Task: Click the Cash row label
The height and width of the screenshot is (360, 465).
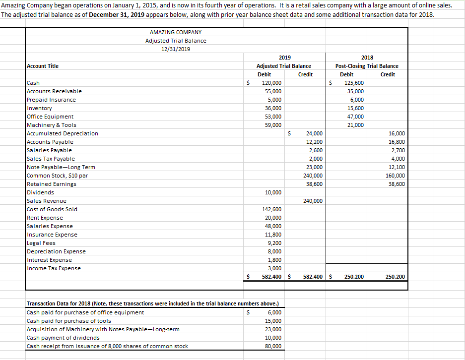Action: pyautogui.click(x=33, y=83)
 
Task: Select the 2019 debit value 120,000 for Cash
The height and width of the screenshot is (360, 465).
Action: pyautogui.click(x=271, y=83)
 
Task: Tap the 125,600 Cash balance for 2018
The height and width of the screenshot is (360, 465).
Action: pyautogui.click(x=353, y=83)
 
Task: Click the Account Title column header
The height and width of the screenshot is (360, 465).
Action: pyautogui.click(x=42, y=66)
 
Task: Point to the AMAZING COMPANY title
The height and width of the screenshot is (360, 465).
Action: pyautogui.click(x=176, y=32)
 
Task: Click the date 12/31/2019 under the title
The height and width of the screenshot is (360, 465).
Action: pyautogui.click(x=176, y=49)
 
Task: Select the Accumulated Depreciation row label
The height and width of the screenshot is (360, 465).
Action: pyautogui.click(x=62, y=133)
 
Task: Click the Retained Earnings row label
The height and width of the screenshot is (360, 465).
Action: pyautogui.click(x=52, y=184)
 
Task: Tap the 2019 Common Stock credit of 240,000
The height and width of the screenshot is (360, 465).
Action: pyautogui.click(x=313, y=176)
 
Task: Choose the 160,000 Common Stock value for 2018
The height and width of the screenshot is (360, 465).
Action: pyautogui.click(x=395, y=176)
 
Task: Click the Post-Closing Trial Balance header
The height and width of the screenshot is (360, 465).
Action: pyautogui.click(x=367, y=66)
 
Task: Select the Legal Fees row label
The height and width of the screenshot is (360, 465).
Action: pyautogui.click(x=41, y=243)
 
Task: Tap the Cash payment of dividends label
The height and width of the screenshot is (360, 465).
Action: pyautogui.click(x=63, y=338)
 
